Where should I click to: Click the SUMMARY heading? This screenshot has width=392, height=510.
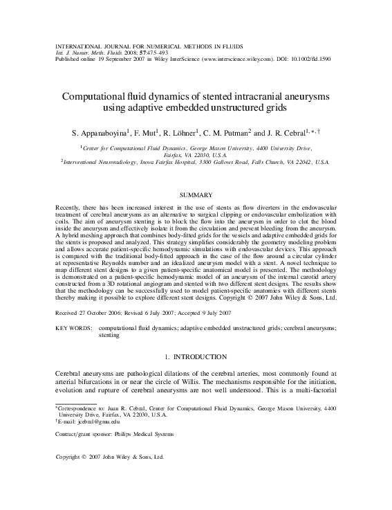coord(196,196)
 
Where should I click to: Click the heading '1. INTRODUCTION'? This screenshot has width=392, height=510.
coord(196,357)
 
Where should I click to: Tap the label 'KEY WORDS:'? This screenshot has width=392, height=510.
coord(73,325)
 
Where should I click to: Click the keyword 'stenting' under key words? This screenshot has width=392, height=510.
coord(109,334)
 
